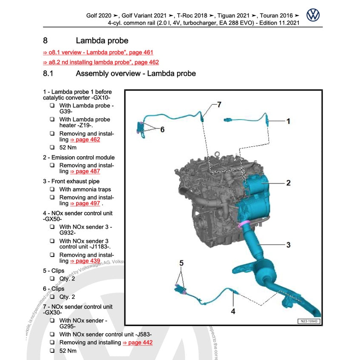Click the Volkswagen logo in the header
[x=313, y=15]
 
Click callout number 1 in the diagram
[x=288, y=121]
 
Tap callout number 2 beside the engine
[x=288, y=183]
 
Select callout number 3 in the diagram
[x=288, y=245]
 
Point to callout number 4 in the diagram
[x=233, y=311]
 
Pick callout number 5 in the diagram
[x=181, y=264]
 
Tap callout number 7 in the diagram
[x=219, y=104]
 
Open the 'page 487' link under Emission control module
[x=85, y=171]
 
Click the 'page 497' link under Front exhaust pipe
[x=85, y=203]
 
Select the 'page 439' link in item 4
[x=85, y=261]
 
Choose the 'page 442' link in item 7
[x=137, y=343]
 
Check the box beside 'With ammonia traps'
[x=51, y=189]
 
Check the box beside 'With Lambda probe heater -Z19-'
[x=51, y=120]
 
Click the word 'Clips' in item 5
[x=57, y=271]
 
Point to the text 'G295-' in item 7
[x=67, y=327]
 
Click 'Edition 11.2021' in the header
[x=277, y=23]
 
